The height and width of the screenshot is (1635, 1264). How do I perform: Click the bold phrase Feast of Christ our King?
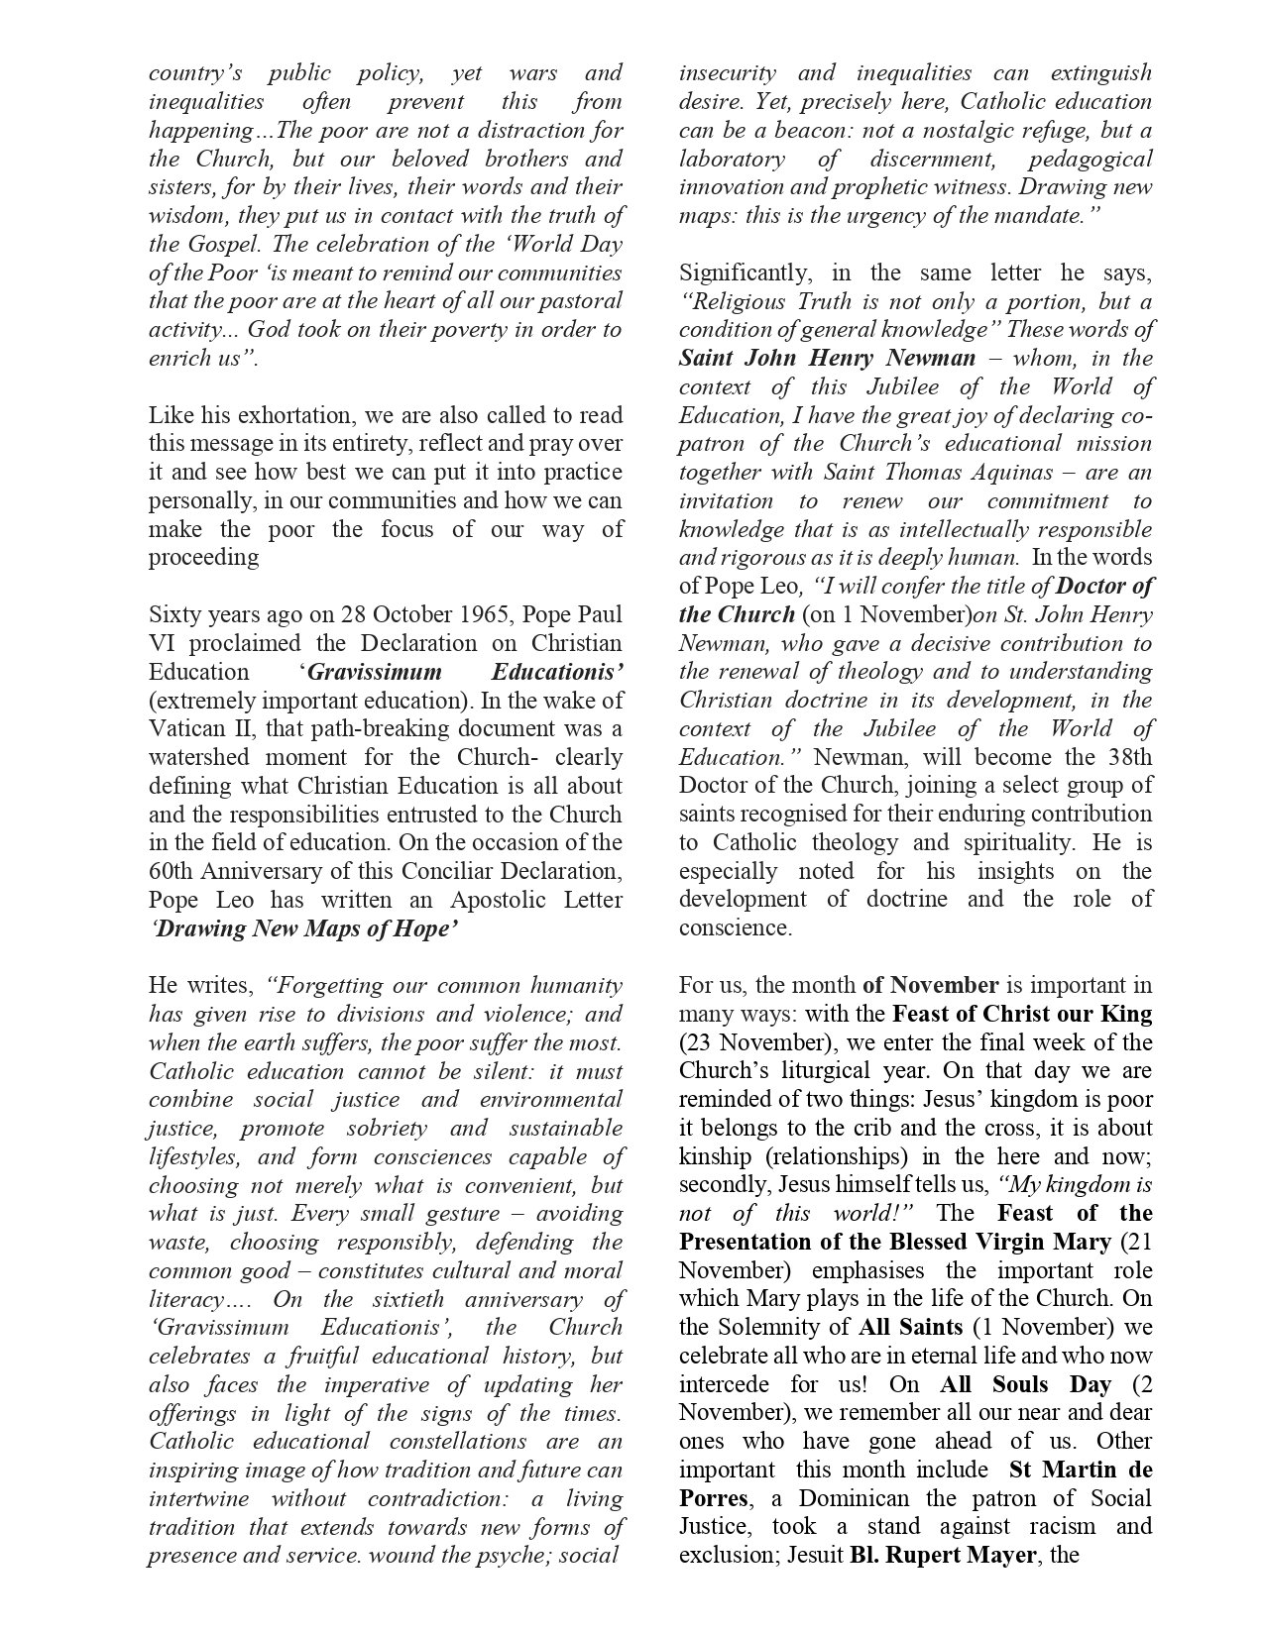click(1022, 1014)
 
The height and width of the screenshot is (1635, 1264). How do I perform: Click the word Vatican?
click(184, 728)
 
